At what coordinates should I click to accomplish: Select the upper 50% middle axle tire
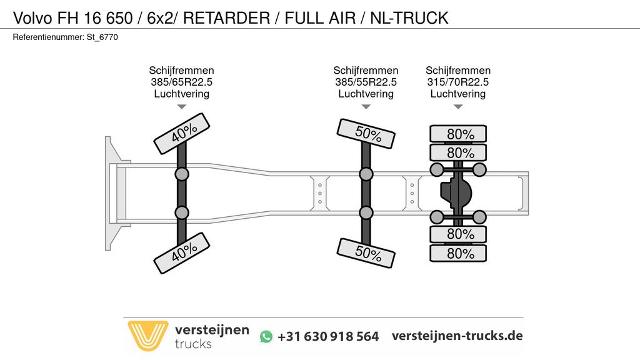[x=366, y=134]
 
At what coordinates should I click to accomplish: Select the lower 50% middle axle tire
[x=366, y=252]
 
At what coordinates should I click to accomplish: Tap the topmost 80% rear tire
[x=458, y=134]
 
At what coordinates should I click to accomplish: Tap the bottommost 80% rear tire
[x=458, y=253]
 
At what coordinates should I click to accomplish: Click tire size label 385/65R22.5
[x=181, y=82]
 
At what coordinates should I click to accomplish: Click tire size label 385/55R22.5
[x=366, y=82]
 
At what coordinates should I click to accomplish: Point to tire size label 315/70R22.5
[x=458, y=82]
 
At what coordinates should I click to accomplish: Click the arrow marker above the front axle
[x=181, y=107]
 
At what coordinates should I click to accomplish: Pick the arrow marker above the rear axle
[x=458, y=107]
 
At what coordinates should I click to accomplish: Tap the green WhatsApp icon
[x=267, y=336]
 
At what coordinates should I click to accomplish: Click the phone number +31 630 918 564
[x=328, y=336]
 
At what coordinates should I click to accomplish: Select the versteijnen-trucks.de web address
[x=457, y=336]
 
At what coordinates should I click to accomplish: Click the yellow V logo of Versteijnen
[x=147, y=336]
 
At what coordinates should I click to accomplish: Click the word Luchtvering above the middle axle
[x=366, y=94]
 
